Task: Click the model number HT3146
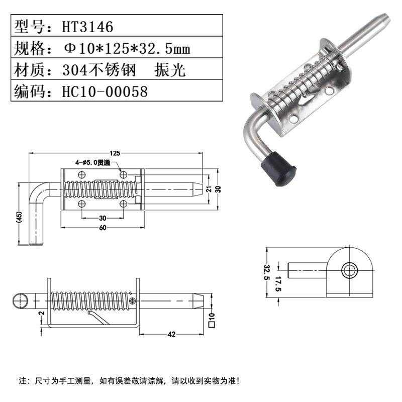(x=88, y=27)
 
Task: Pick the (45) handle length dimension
(x=19, y=217)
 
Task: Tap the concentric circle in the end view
(x=348, y=270)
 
